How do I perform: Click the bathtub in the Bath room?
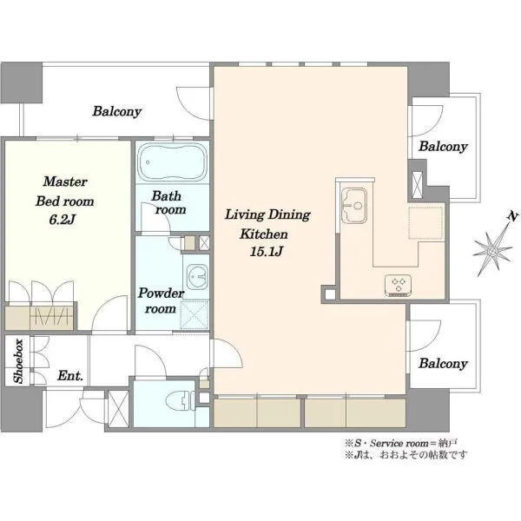pos(172,162)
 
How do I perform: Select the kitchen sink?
pos(354,206)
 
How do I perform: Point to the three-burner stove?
pos(398,285)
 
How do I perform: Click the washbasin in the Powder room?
pos(197,277)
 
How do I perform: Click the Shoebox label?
pos(18,361)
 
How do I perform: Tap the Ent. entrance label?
pos(69,376)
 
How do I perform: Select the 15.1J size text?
pos(266,252)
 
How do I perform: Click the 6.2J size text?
pos(63,220)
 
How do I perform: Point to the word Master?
pos(65,181)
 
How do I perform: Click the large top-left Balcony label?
pos(117,111)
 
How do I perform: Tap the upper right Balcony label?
pos(443,146)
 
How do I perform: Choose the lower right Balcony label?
pos(443,364)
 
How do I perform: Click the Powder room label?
pos(161,300)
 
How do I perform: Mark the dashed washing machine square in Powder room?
pos(195,315)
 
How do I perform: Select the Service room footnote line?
pos(401,443)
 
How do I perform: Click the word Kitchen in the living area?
pos(264,234)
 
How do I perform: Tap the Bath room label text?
pos(168,202)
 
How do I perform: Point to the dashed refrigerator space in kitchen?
pos(426,222)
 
